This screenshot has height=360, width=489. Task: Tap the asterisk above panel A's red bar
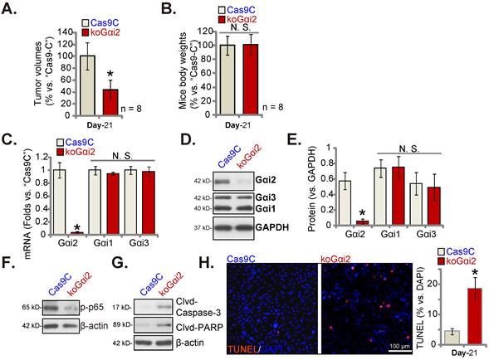coord(110,74)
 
